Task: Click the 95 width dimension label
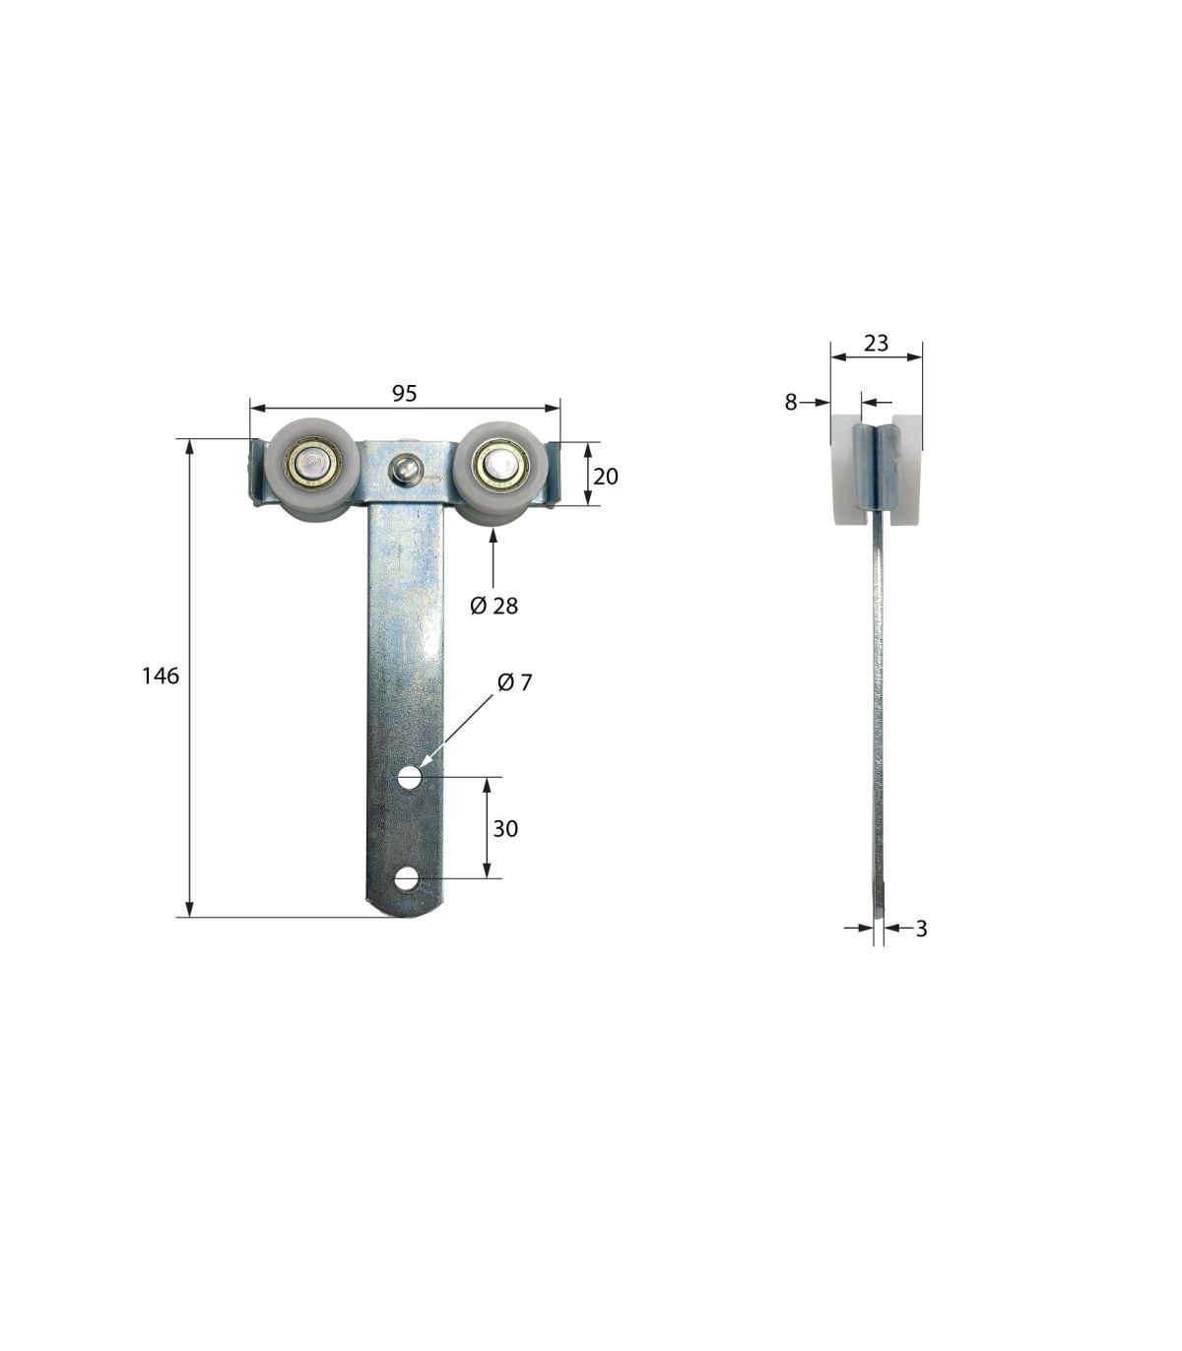click(x=404, y=394)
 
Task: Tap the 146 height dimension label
click(x=161, y=675)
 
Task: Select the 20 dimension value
click(x=605, y=476)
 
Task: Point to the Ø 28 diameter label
click(x=493, y=606)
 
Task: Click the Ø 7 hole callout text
click(x=514, y=682)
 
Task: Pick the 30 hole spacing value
click(x=505, y=829)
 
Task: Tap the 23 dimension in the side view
click(x=876, y=343)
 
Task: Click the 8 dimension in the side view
click(x=790, y=402)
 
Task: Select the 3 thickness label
click(x=921, y=929)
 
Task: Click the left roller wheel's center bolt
click(x=308, y=464)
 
